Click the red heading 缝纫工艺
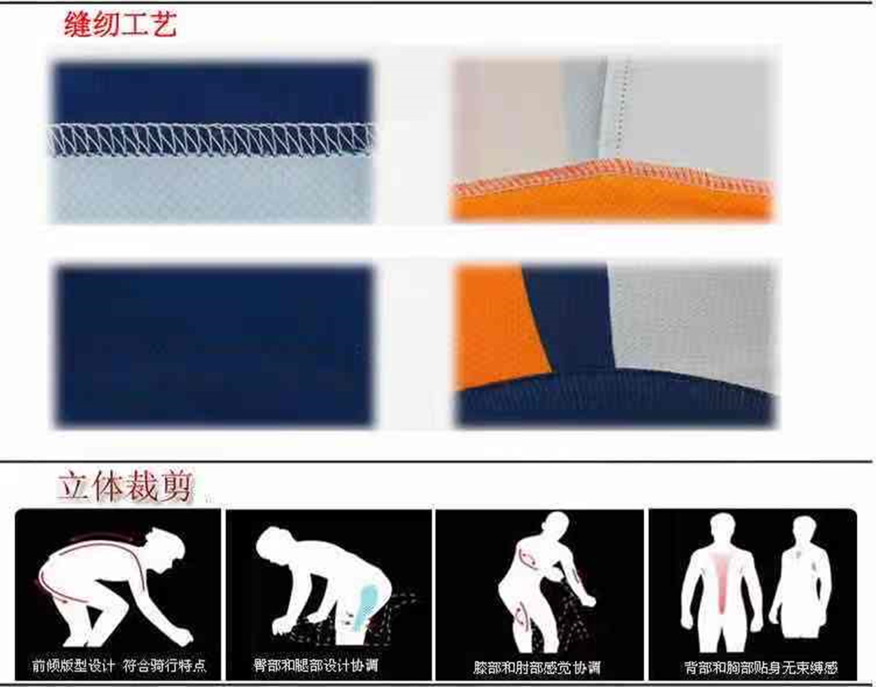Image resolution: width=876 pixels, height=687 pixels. coord(120,25)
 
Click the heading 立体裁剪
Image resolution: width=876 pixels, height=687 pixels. coord(124,486)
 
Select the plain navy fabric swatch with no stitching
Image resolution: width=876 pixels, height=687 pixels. coord(214,346)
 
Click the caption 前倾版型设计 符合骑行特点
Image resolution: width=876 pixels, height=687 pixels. coord(118,666)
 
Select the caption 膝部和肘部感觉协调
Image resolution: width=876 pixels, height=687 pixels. coord(537,667)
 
